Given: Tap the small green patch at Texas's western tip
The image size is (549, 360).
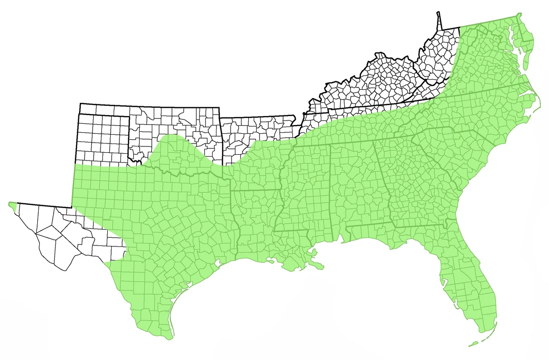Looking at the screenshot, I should point(13,205).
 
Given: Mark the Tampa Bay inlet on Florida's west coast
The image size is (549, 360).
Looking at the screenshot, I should point(443,279).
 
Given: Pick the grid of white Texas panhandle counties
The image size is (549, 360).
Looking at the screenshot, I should point(103,138).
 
